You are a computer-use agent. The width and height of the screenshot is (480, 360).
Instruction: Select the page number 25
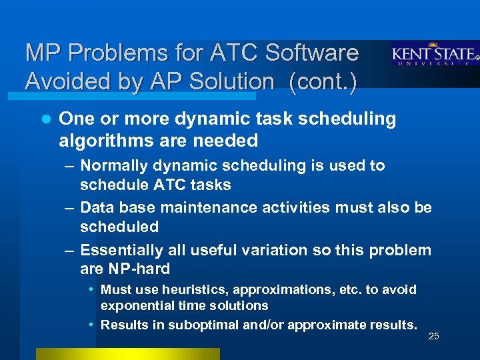pos(433,336)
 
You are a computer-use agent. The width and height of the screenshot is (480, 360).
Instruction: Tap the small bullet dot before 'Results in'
pos(91,325)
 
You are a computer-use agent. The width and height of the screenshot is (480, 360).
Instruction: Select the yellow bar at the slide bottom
pos(127,353)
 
